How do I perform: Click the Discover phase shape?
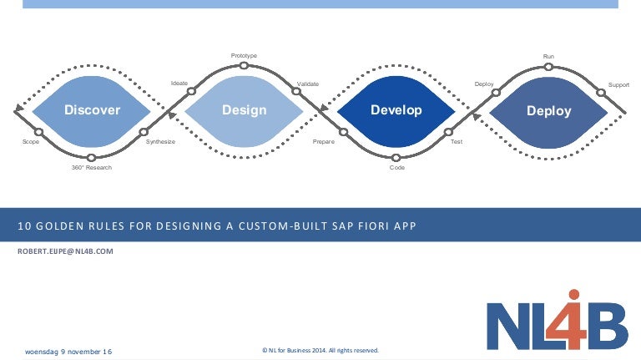coord(93,110)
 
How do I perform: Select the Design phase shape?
coord(245,110)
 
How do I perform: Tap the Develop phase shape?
coord(396,110)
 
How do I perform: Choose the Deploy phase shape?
coord(548,110)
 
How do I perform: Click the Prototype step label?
coord(244,56)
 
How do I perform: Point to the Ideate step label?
coord(179,84)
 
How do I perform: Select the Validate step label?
coord(308,84)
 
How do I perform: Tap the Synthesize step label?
coord(160,142)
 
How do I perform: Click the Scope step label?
coord(31,142)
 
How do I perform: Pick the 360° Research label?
coord(92,168)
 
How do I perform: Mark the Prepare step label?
coord(324,142)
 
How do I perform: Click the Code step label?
coord(397,168)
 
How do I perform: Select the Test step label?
coord(457,142)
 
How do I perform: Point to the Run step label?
coord(548,56)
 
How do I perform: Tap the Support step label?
coord(618,84)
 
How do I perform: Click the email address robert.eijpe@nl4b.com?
coord(65,251)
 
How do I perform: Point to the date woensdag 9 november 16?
coord(68,351)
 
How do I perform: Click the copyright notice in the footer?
coord(320,351)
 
